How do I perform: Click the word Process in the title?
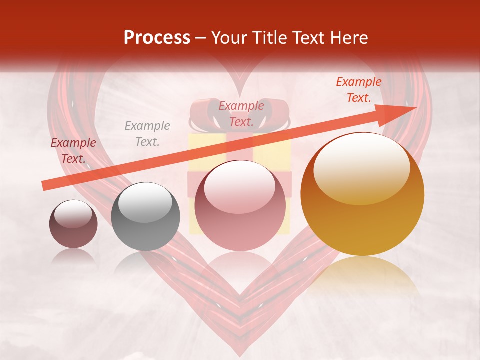point(157,38)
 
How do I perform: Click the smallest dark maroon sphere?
point(73,224)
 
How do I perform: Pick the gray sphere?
point(145,216)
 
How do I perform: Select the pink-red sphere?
point(240,206)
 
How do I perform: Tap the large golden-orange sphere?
point(362,194)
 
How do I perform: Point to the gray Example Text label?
point(147,134)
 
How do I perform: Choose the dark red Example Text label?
point(73,151)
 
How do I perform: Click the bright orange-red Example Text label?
point(359,90)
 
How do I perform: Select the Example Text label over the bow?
point(241,114)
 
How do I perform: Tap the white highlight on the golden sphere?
point(361,168)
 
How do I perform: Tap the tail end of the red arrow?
point(44,186)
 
